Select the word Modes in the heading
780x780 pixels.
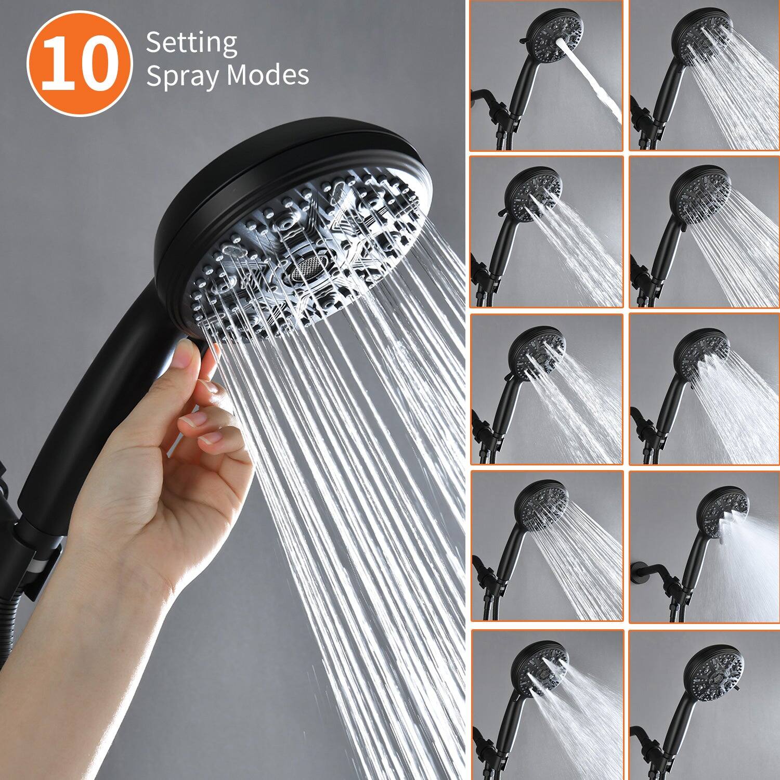click(x=268, y=75)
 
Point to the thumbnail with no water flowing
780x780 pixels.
click(x=704, y=705)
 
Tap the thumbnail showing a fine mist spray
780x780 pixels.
click(x=704, y=547)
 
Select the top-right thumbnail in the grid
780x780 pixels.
click(x=704, y=76)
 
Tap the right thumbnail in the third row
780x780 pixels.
click(x=704, y=389)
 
